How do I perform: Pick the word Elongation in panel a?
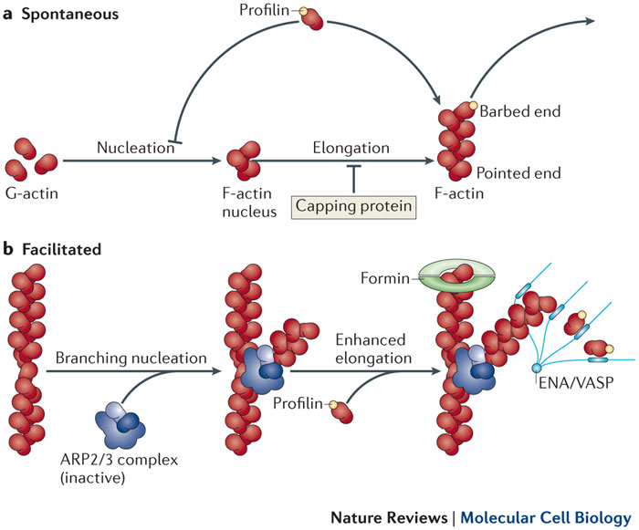click(x=351, y=147)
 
